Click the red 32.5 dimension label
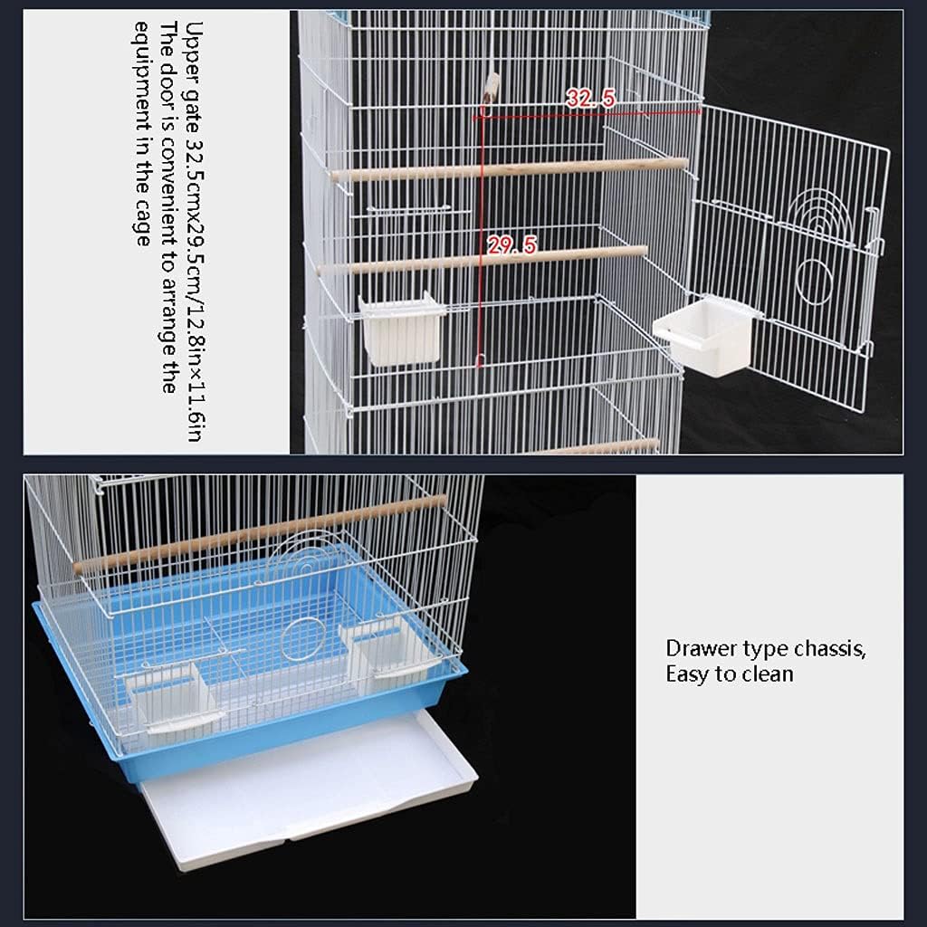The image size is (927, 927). tap(590, 99)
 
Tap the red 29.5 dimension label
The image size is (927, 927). tap(511, 244)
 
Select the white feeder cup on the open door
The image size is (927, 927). tap(707, 335)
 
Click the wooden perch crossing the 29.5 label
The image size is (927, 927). tap(482, 259)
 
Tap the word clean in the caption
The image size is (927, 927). tap(768, 674)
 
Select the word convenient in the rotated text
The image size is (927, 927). tap(168, 190)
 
